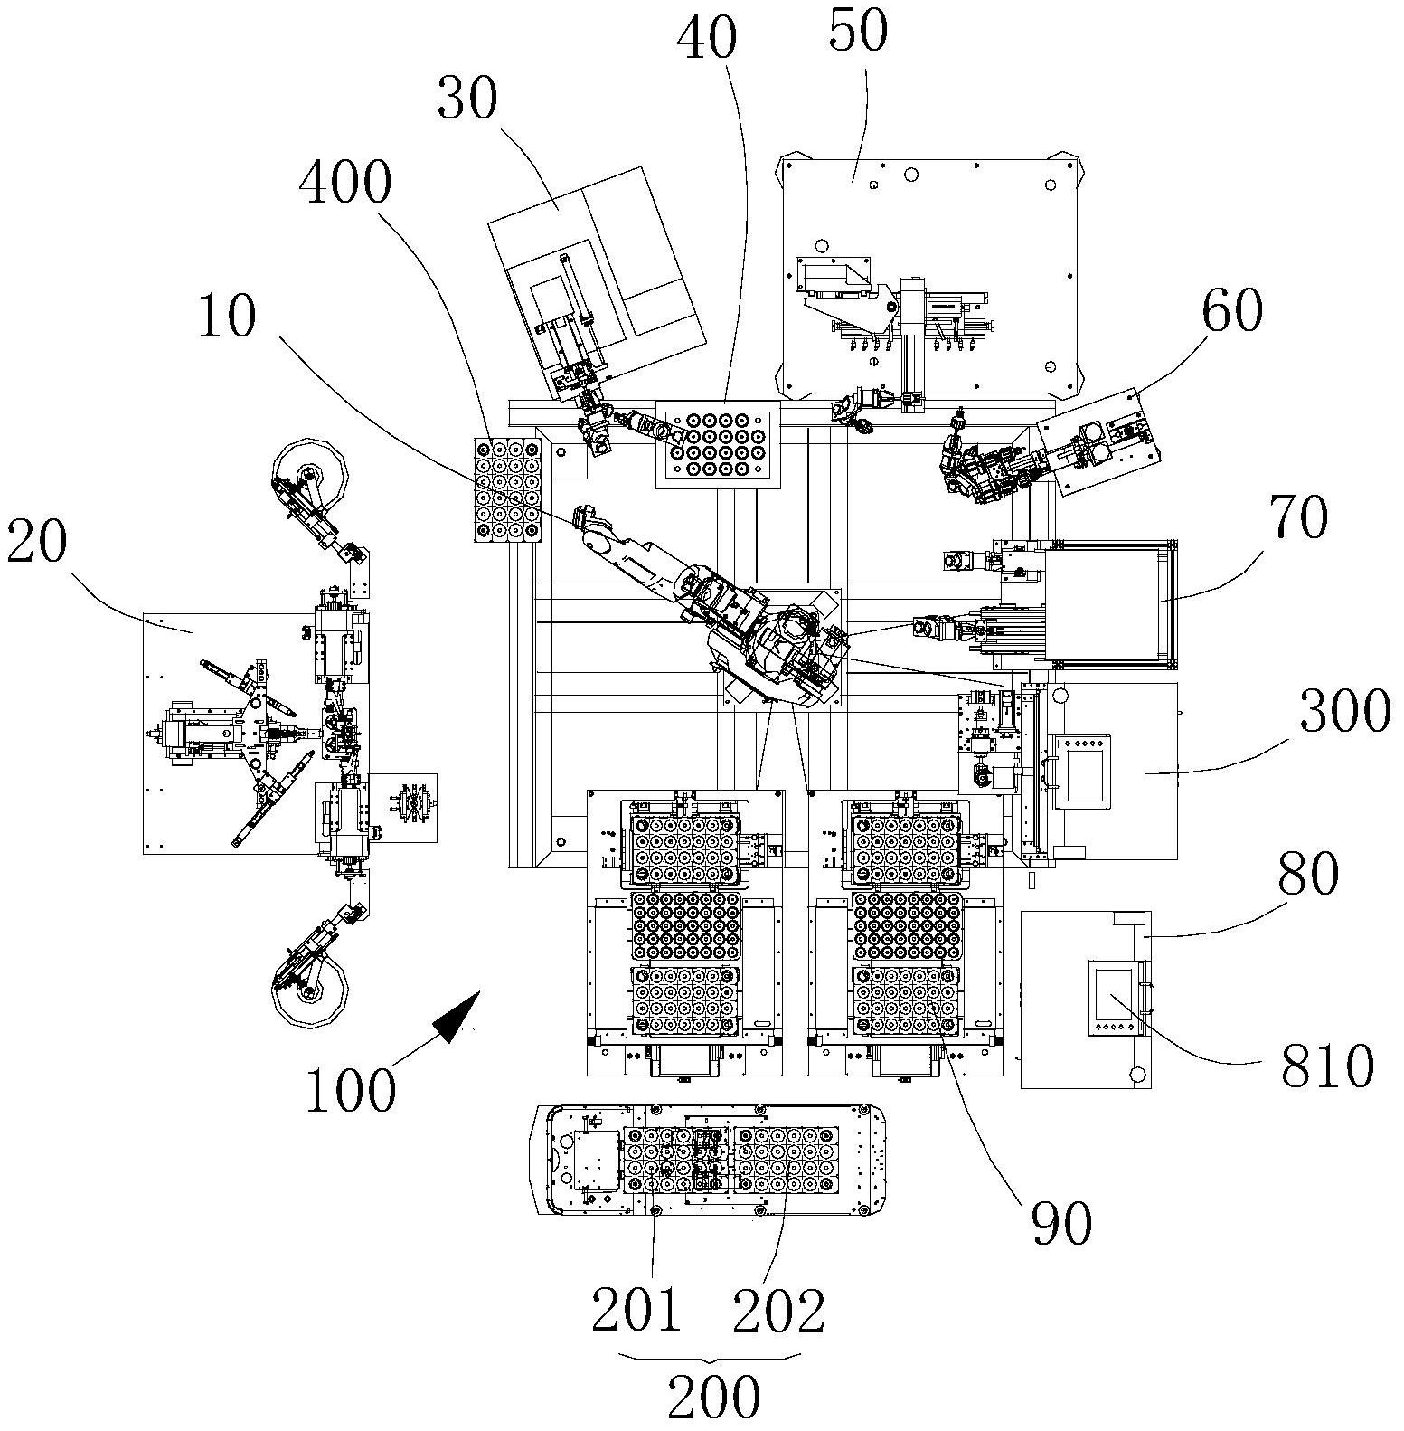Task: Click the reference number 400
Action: [x=344, y=184]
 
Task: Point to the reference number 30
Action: [x=466, y=100]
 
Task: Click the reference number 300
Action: [x=1345, y=710]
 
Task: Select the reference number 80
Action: [x=1307, y=873]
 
